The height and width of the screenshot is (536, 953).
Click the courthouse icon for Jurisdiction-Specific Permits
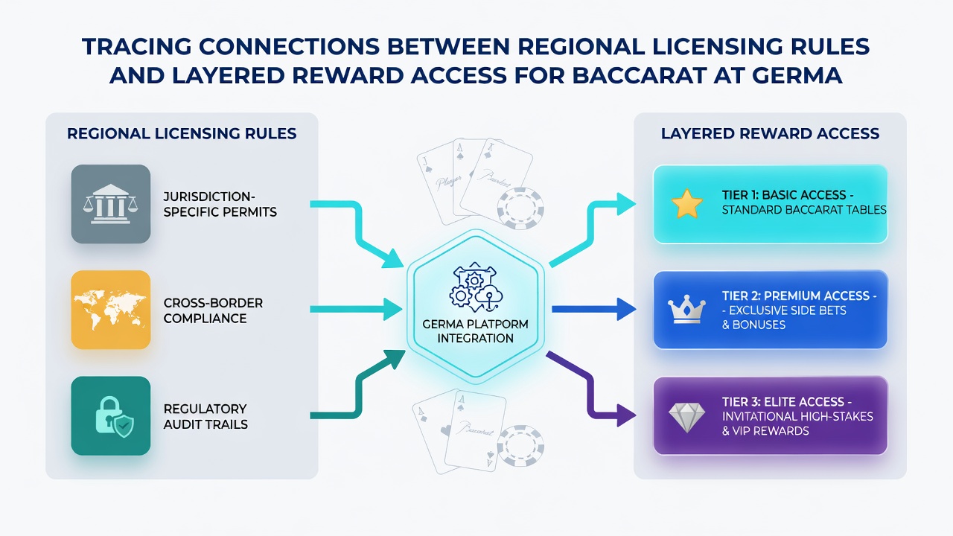tap(111, 204)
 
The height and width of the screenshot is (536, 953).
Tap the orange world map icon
tap(111, 310)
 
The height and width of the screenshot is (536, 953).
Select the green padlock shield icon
tap(114, 418)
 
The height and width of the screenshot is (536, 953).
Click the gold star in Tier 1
tap(686, 204)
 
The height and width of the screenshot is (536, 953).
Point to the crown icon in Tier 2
tap(686, 310)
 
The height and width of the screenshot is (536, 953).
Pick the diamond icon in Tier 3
tap(686, 418)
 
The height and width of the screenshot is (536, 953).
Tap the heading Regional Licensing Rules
tap(182, 133)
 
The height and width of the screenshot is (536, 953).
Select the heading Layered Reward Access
tap(770, 133)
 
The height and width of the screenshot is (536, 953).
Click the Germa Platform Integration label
tap(475, 331)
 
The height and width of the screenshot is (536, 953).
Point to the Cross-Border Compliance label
tap(213, 310)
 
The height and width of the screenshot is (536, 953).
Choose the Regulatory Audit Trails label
tap(205, 416)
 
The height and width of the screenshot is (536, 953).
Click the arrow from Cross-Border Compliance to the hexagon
tap(356, 309)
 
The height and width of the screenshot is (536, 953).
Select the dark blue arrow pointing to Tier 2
tap(594, 309)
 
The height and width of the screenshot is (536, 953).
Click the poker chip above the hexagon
tap(520, 209)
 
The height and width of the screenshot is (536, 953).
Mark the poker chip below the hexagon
tap(520, 445)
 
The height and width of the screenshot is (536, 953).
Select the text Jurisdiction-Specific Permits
tap(220, 204)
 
